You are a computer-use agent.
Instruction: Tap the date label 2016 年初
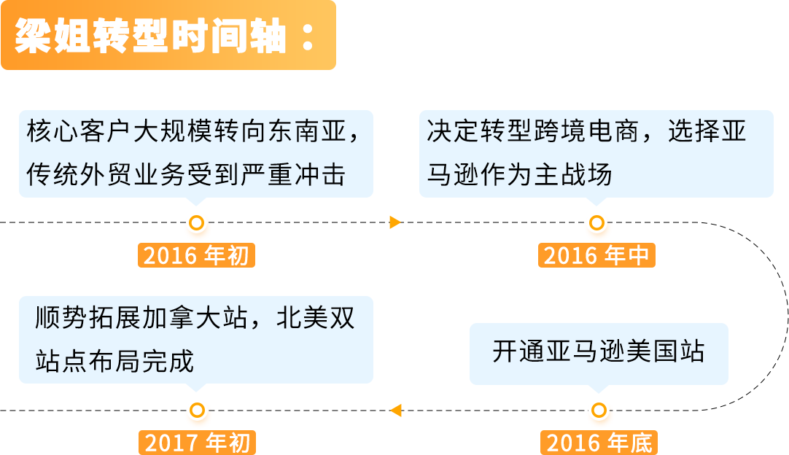(x=196, y=256)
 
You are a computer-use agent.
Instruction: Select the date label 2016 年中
(x=596, y=256)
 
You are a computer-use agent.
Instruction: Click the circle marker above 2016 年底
(x=599, y=411)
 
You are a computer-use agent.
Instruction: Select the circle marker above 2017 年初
(x=196, y=411)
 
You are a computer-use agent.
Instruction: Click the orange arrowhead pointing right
(x=395, y=222)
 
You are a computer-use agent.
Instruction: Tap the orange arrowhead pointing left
(x=396, y=410)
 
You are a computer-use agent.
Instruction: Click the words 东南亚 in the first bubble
(x=302, y=132)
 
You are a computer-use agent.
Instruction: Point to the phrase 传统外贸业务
(x=106, y=175)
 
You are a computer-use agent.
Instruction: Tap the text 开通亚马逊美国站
(x=599, y=351)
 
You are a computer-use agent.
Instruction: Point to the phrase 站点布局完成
(x=114, y=360)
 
